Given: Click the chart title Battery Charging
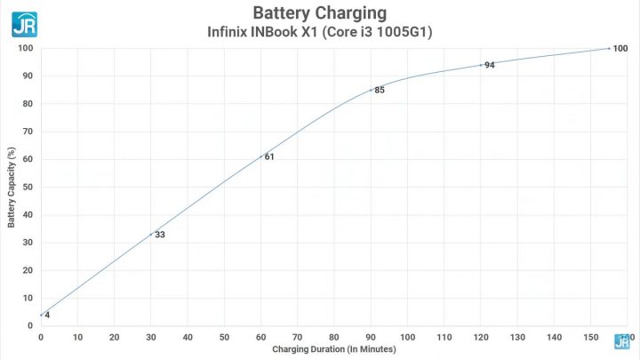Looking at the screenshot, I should click(319, 13).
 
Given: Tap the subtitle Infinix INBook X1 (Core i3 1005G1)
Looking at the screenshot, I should click(319, 33).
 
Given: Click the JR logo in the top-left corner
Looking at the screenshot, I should click(24, 23).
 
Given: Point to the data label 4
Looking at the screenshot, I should click(47, 316).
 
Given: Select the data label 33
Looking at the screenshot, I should click(160, 236).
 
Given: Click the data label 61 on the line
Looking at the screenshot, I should click(269, 157).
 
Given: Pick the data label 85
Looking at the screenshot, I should click(380, 90).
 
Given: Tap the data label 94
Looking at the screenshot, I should click(490, 65).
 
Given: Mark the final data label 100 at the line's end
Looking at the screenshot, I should click(620, 48).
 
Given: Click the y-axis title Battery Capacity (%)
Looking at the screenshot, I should click(11, 187).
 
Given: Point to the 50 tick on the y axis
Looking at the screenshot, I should click(28, 187).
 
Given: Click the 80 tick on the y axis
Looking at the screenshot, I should click(28, 104).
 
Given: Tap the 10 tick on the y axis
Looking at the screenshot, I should click(28, 298).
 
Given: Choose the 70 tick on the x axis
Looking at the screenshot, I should click(298, 337).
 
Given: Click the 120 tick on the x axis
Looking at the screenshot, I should click(481, 337).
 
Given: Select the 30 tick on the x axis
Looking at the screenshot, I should click(151, 337).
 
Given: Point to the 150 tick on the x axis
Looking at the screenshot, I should click(591, 337).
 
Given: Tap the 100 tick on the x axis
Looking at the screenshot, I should click(408, 337).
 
